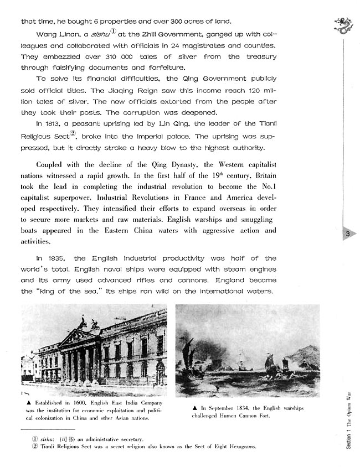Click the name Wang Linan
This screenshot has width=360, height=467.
[54, 35]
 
